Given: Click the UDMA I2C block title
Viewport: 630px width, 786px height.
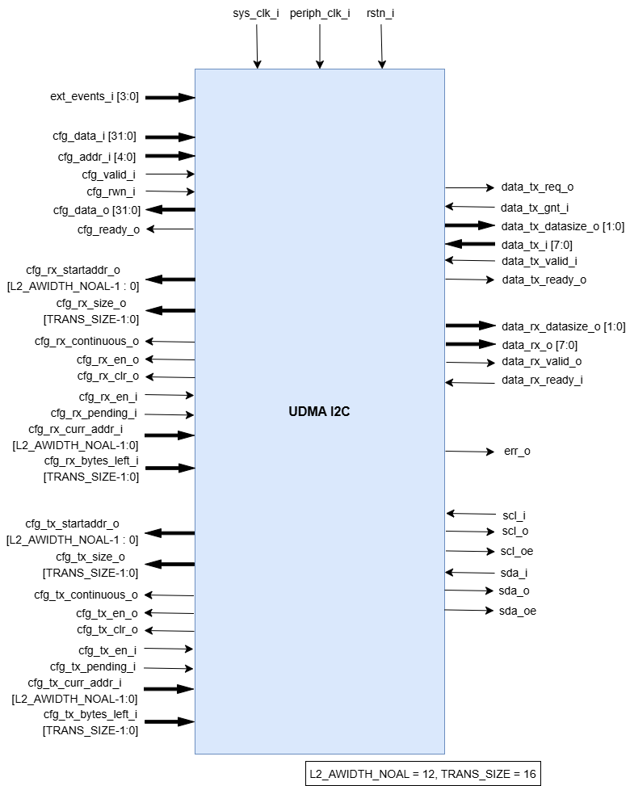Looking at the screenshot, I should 319,412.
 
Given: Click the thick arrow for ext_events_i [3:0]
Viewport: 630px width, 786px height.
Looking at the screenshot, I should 170,98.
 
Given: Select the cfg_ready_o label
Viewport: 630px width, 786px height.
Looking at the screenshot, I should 108,230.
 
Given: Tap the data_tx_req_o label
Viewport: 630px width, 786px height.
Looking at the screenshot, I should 537,187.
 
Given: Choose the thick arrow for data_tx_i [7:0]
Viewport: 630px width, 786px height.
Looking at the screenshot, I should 469,244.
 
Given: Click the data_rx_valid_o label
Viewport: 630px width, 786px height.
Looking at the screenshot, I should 541,361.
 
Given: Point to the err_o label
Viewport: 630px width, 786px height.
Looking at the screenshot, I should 517,451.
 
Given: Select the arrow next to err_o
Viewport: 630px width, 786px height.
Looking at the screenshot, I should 469,451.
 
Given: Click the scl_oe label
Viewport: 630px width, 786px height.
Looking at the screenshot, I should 517,551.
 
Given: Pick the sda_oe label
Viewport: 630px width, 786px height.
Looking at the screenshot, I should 517,611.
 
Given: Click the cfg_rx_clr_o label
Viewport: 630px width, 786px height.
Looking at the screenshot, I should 108,376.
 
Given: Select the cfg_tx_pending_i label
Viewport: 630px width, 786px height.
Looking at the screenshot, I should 93,667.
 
